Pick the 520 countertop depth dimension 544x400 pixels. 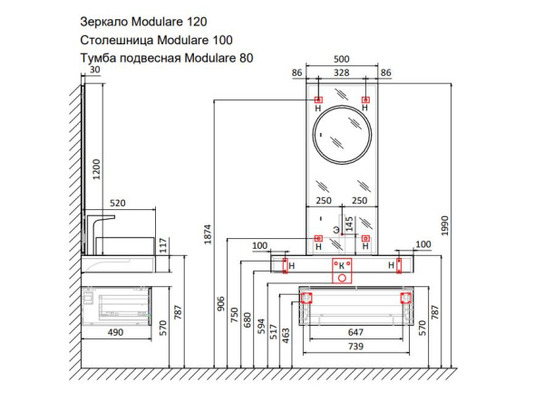point(117,204)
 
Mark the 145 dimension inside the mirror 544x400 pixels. point(350,222)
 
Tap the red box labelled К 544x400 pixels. point(341,265)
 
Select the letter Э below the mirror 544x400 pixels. point(335,231)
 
